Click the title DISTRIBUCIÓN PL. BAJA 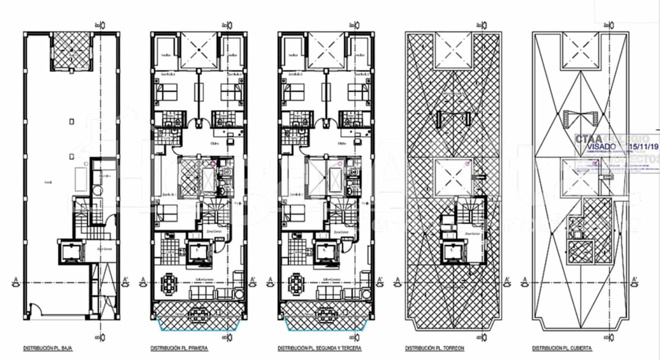[48, 348]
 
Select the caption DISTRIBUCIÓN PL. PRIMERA [179, 348]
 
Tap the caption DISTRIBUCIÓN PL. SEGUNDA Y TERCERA [319, 348]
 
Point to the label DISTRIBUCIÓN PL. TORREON [434, 348]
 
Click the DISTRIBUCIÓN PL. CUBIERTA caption [562, 348]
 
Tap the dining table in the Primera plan [168, 284]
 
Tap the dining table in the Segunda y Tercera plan [295, 284]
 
